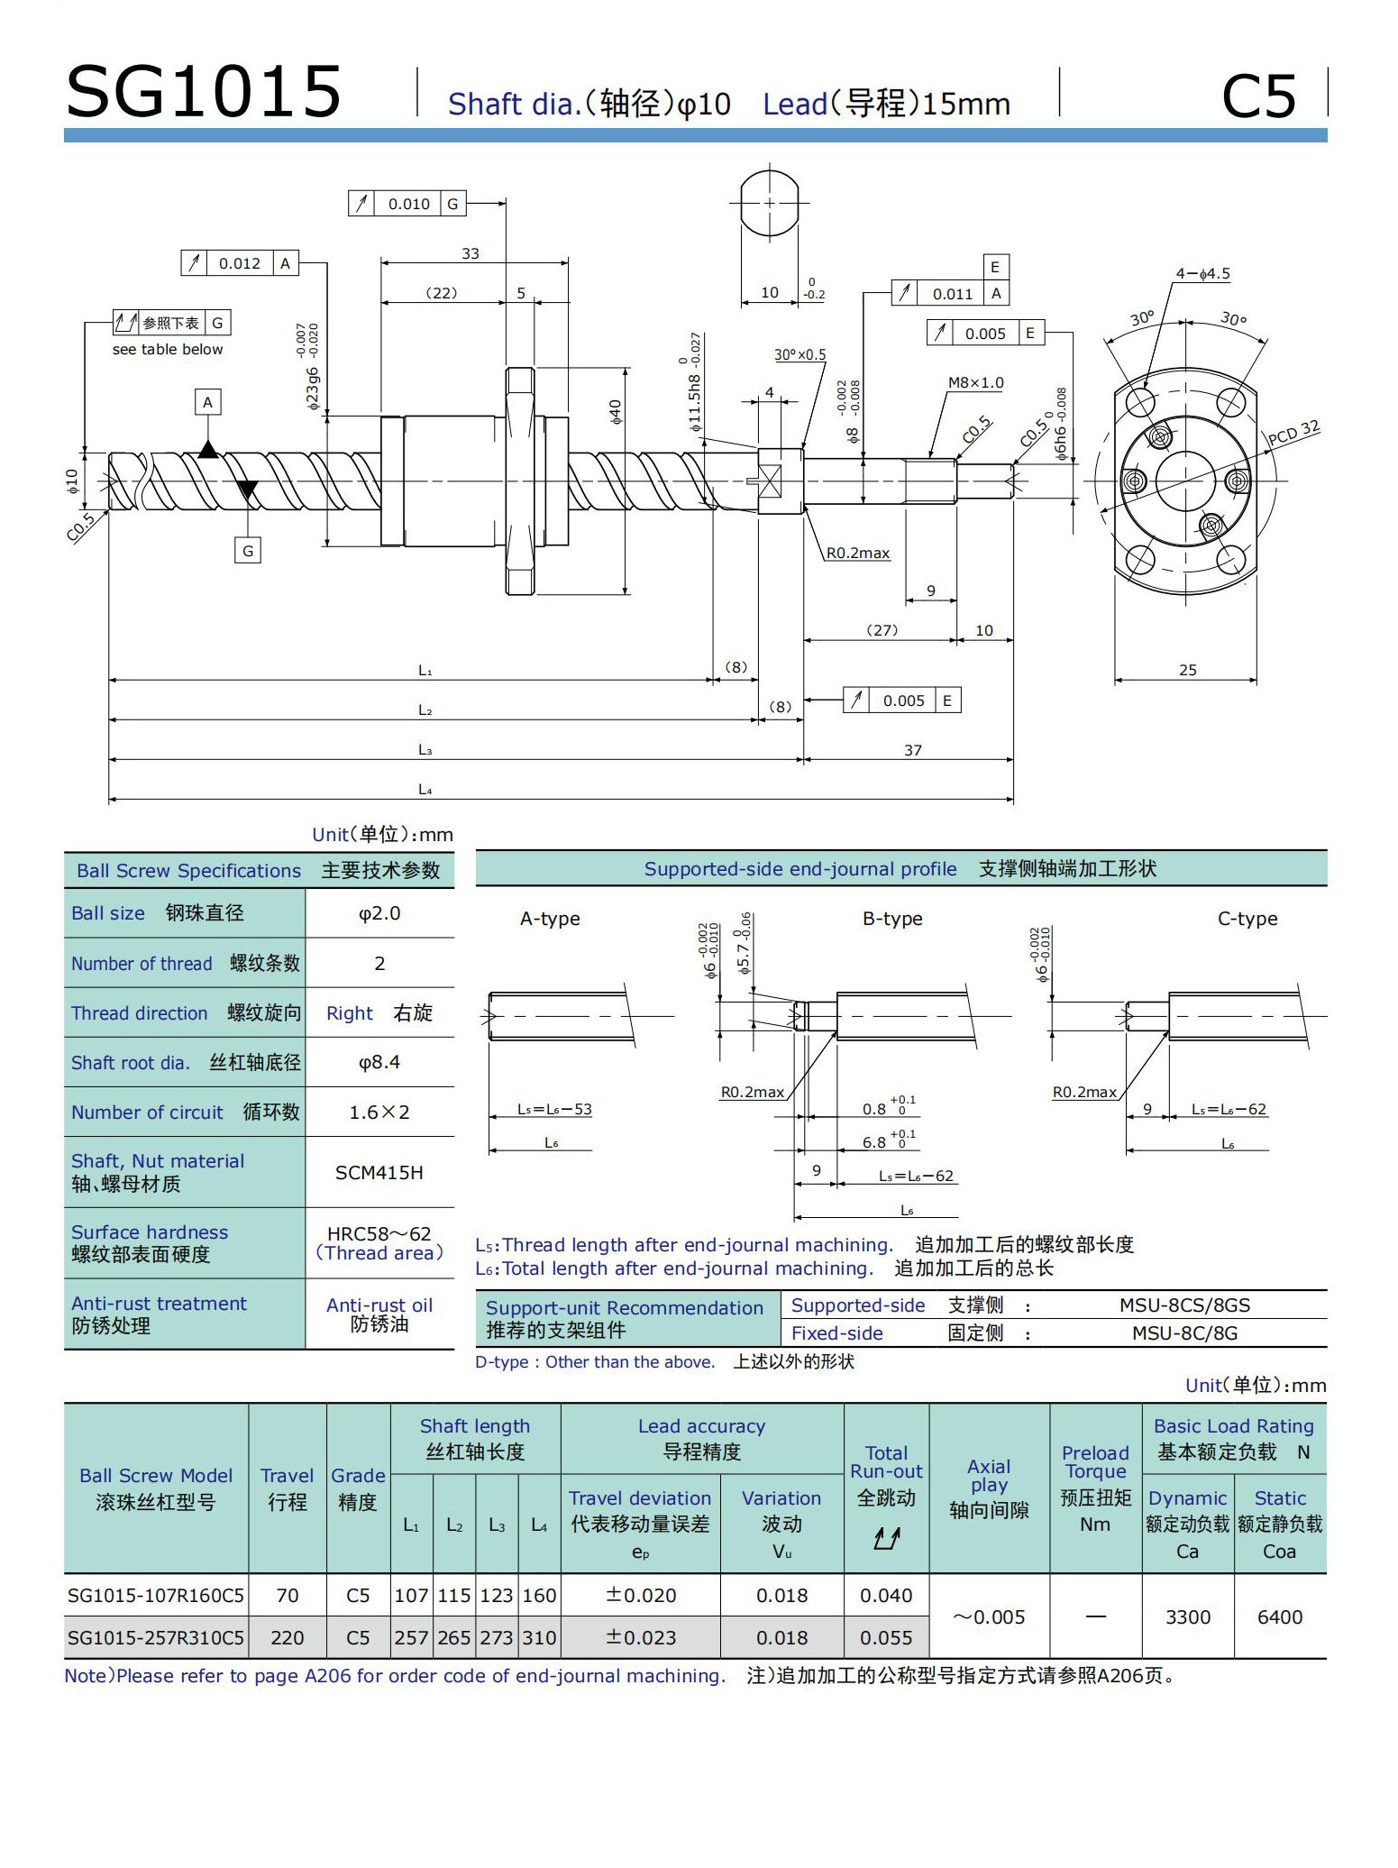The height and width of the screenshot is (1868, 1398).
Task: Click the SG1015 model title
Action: tap(204, 92)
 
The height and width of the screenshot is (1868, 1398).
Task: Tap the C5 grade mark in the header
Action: tap(1258, 97)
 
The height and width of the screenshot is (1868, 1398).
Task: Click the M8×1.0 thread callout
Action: tap(975, 382)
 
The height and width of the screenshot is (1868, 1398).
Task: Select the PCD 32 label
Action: tap(1293, 433)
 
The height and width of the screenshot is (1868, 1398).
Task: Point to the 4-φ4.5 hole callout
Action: tap(1202, 273)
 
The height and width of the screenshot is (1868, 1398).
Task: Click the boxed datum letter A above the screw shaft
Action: tap(208, 402)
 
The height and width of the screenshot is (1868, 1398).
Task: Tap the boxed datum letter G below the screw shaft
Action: tap(248, 550)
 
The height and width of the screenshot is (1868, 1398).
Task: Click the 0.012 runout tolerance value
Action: tap(240, 263)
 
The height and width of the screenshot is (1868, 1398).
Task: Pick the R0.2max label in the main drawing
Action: tap(858, 553)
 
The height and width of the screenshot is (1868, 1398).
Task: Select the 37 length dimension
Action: tap(913, 750)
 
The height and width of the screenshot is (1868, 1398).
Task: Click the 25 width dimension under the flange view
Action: tap(1188, 670)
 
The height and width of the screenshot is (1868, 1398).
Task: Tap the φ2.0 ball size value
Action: tap(379, 913)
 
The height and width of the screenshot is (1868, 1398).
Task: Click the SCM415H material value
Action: tap(379, 1172)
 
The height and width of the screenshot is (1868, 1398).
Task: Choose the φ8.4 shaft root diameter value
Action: tap(379, 1062)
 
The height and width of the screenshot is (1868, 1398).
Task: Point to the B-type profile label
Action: tap(892, 919)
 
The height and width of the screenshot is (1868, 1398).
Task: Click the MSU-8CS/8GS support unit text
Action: tap(1184, 1305)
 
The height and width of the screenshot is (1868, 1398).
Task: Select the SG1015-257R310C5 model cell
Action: tap(156, 1637)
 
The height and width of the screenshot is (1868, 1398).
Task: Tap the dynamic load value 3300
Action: tap(1187, 1616)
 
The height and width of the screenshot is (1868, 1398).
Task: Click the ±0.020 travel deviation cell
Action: tap(641, 1595)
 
